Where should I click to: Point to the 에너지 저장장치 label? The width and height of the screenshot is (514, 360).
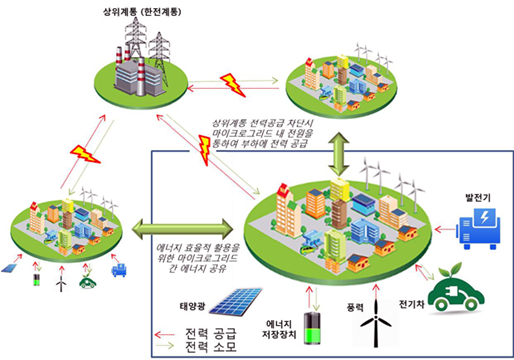click(x=280, y=329)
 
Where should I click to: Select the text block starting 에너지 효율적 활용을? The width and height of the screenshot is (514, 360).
click(x=196, y=256)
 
